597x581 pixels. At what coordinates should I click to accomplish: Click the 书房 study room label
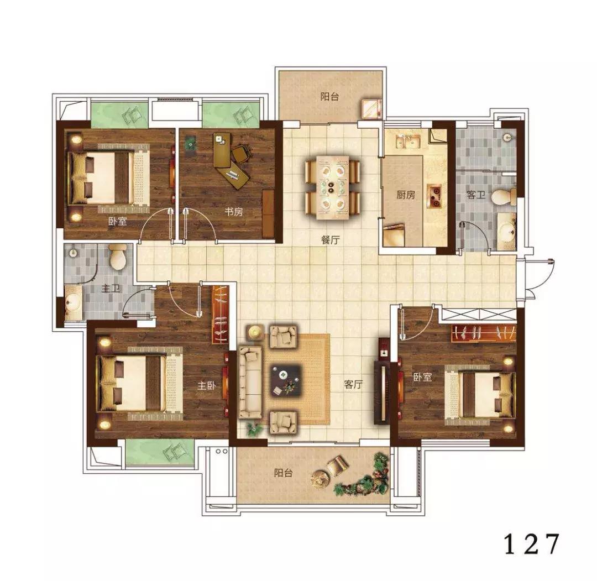click(x=233, y=211)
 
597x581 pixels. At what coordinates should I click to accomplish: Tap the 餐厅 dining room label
click(x=330, y=240)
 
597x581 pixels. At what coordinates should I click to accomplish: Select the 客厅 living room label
click(x=353, y=384)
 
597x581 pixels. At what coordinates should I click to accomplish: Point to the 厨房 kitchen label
click(x=406, y=195)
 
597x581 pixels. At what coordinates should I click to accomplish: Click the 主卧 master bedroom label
click(x=206, y=386)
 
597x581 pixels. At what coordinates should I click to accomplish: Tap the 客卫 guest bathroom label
click(x=476, y=195)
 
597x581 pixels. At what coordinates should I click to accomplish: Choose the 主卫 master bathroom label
click(x=111, y=289)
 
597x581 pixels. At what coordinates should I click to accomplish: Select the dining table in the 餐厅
click(x=332, y=187)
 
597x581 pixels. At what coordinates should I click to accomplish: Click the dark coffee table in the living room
click(x=286, y=380)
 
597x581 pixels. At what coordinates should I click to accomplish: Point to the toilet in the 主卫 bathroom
click(x=118, y=257)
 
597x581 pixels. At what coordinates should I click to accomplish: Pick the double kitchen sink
click(x=408, y=142)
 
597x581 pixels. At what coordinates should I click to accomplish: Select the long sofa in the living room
click(x=250, y=383)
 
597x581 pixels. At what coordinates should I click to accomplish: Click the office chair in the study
click(x=241, y=154)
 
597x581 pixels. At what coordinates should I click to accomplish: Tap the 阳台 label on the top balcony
click(x=329, y=96)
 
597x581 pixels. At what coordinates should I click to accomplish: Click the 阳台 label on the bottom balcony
click(x=283, y=473)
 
